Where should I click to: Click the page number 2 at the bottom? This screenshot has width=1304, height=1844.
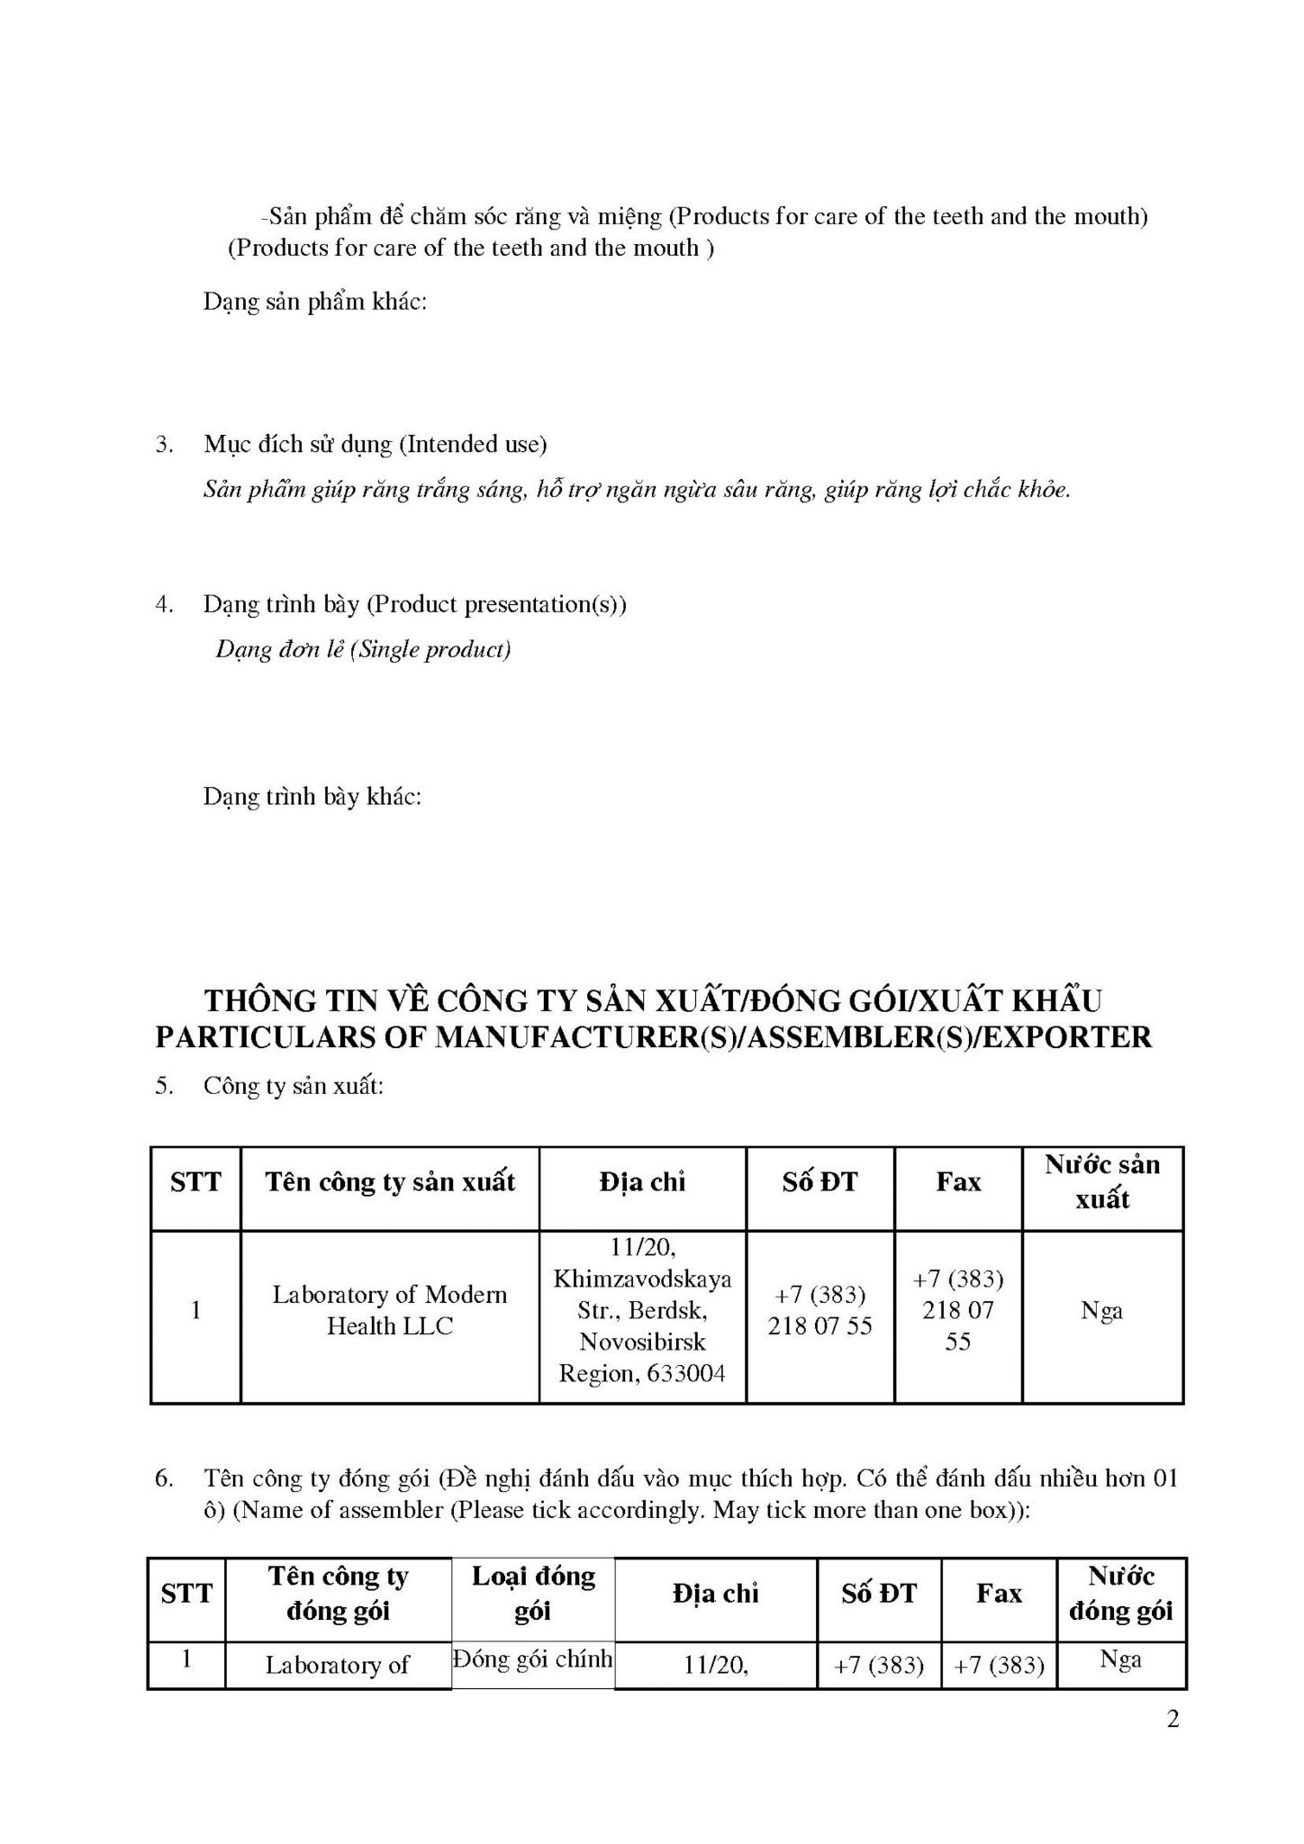pyautogui.click(x=1172, y=1719)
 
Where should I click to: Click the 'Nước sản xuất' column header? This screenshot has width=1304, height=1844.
pyautogui.click(x=1102, y=1181)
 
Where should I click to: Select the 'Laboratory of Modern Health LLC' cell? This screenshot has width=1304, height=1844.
pyautogui.click(x=389, y=1309)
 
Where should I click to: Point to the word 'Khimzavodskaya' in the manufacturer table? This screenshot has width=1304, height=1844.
pyautogui.click(x=642, y=1278)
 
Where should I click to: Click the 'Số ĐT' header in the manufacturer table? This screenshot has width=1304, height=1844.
pyautogui.click(x=820, y=1181)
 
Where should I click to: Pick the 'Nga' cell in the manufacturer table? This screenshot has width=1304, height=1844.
pyautogui.click(x=1101, y=1310)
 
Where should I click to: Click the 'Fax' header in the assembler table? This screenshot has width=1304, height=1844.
pyautogui.click(x=999, y=1593)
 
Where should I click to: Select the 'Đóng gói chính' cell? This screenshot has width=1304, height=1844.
pyautogui.click(x=532, y=1659)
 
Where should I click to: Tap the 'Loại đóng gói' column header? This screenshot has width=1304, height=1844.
pyautogui.click(x=532, y=1593)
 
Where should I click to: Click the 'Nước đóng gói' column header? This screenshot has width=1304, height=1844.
pyautogui.click(x=1120, y=1593)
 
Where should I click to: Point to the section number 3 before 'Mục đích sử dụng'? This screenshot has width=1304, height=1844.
pyautogui.click(x=163, y=444)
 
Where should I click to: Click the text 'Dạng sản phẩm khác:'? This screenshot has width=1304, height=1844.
pyautogui.click(x=314, y=301)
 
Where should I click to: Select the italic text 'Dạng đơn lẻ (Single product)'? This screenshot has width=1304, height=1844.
pyautogui.click(x=363, y=649)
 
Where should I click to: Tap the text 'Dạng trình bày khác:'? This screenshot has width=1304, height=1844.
pyautogui.click(x=312, y=796)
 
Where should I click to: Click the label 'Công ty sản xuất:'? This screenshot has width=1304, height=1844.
pyautogui.click(x=294, y=1085)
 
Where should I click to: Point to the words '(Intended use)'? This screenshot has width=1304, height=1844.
pyautogui.click(x=473, y=444)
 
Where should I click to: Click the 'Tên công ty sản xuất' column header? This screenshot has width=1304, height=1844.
pyautogui.click(x=389, y=1181)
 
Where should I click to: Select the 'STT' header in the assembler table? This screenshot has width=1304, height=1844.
pyautogui.click(x=186, y=1593)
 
